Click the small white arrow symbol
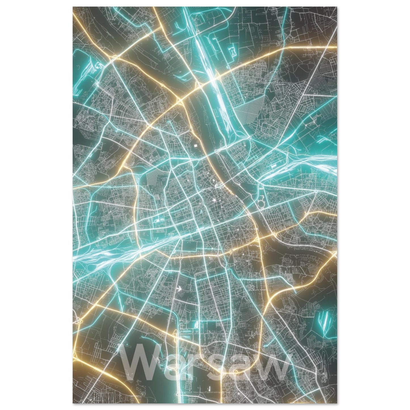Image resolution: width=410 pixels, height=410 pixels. coord(178,289)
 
